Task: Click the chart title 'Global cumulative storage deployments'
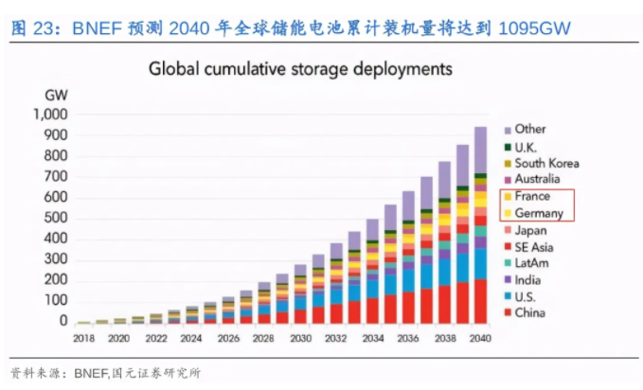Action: click(x=296, y=69)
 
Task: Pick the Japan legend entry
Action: click(x=530, y=230)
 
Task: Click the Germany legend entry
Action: click(x=538, y=213)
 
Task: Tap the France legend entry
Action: click(x=532, y=196)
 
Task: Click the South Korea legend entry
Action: click(x=546, y=163)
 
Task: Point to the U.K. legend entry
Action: click(x=527, y=147)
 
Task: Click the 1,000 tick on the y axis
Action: click(x=49, y=115)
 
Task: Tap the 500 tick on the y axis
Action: click(x=55, y=219)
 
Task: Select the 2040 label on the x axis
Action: click(x=481, y=338)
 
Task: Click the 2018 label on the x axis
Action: click(x=84, y=338)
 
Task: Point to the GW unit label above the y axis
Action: click(x=55, y=95)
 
